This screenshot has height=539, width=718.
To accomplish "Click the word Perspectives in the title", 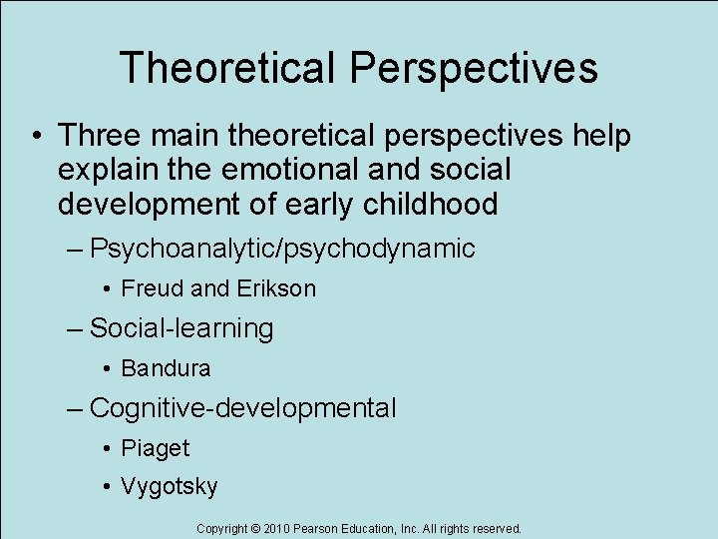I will click(x=474, y=68).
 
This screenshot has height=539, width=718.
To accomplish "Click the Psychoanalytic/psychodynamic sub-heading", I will click(x=282, y=249).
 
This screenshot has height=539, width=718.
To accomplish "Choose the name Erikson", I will click(x=276, y=289).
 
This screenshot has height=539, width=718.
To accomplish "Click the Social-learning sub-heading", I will click(x=181, y=328).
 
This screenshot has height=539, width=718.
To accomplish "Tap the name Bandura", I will click(x=166, y=368).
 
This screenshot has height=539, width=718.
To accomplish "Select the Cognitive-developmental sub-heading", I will click(x=242, y=408).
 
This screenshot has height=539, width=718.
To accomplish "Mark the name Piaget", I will click(x=155, y=448).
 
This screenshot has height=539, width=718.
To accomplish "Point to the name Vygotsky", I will click(x=169, y=487).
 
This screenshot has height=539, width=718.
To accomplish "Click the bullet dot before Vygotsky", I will click(x=107, y=487).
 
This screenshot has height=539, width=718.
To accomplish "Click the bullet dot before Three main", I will click(x=35, y=135).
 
